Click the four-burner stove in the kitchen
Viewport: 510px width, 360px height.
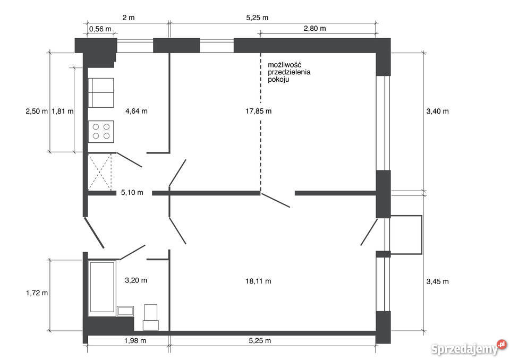(101, 131)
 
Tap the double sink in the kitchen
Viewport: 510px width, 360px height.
(101, 93)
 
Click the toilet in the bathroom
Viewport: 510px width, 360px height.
(150, 317)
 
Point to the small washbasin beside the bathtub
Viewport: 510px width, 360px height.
(125, 311)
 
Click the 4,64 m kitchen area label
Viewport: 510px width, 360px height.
(137, 111)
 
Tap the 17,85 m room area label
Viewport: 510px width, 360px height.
(259, 111)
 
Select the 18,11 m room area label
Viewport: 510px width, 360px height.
(258, 281)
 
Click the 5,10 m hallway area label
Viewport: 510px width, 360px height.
(132, 193)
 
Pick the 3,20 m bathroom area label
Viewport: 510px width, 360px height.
(136, 280)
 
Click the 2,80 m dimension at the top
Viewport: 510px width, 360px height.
(315, 28)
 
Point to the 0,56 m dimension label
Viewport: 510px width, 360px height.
(100, 29)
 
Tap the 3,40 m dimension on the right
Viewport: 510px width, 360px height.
(437, 111)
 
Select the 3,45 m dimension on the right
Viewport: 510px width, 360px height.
(437, 281)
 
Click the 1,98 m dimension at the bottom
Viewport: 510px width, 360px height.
(135, 340)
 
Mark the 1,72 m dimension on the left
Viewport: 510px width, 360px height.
(37, 293)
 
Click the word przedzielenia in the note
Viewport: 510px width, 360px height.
(289, 72)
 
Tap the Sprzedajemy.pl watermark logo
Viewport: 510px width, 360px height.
(469, 348)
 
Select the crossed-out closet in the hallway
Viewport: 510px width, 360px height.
(100, 172)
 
